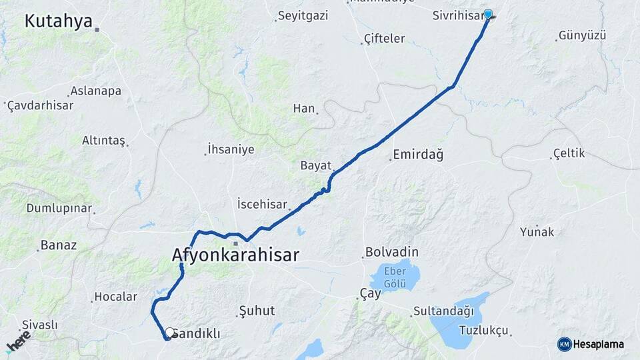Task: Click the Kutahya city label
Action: tap(58, 21)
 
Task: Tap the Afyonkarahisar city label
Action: tap(235, 255)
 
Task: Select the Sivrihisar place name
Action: tap(457, 14)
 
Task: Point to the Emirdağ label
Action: tap(418, 155)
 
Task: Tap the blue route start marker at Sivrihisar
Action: tap(488, 14)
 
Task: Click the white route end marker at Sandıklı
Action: tap(169, 333)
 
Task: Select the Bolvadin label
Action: tap(391, 253)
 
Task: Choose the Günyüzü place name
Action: tap(583, 35)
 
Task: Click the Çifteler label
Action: tap(384, 39)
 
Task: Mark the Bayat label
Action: tap(316, 165)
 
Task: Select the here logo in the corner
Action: tap(18, 341)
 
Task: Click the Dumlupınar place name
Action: tap(59, 208)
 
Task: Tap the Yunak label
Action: tap(537, 232)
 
